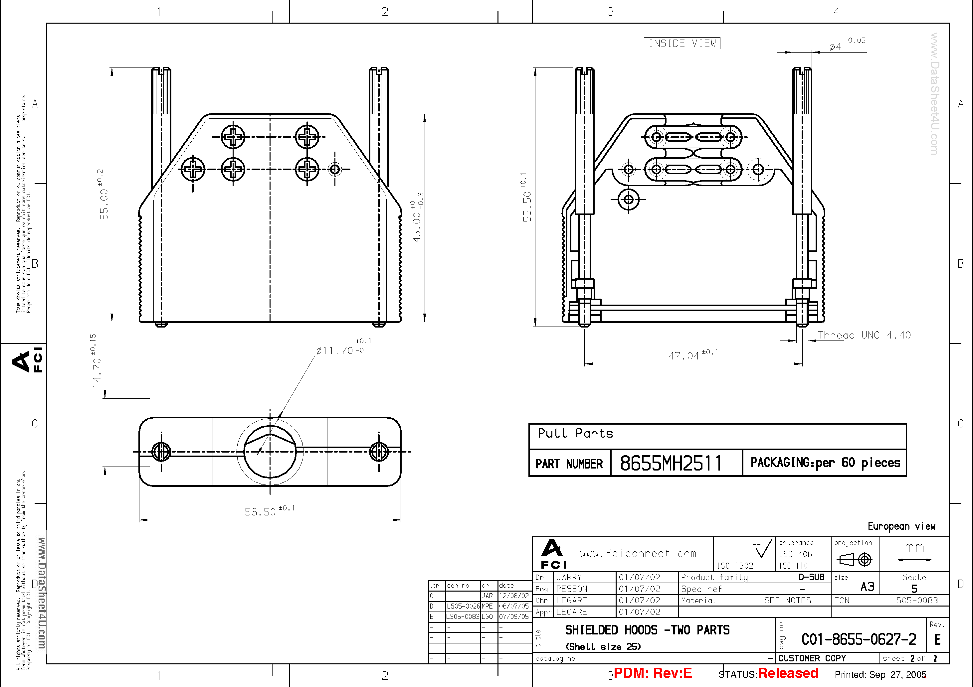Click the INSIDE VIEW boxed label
(682, 43)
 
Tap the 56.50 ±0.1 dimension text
(269, 511)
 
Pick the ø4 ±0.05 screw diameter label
(846, 44)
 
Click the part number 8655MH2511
(671, 463)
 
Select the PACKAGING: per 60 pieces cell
(825, 463)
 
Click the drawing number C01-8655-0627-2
(859, 639)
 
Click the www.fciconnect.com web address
(638, 553)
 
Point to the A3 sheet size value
(867, 587)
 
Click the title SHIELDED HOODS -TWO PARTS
(647, 630)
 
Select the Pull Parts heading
(575, 433)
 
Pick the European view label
(901, 526)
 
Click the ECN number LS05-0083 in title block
(914, 600)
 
